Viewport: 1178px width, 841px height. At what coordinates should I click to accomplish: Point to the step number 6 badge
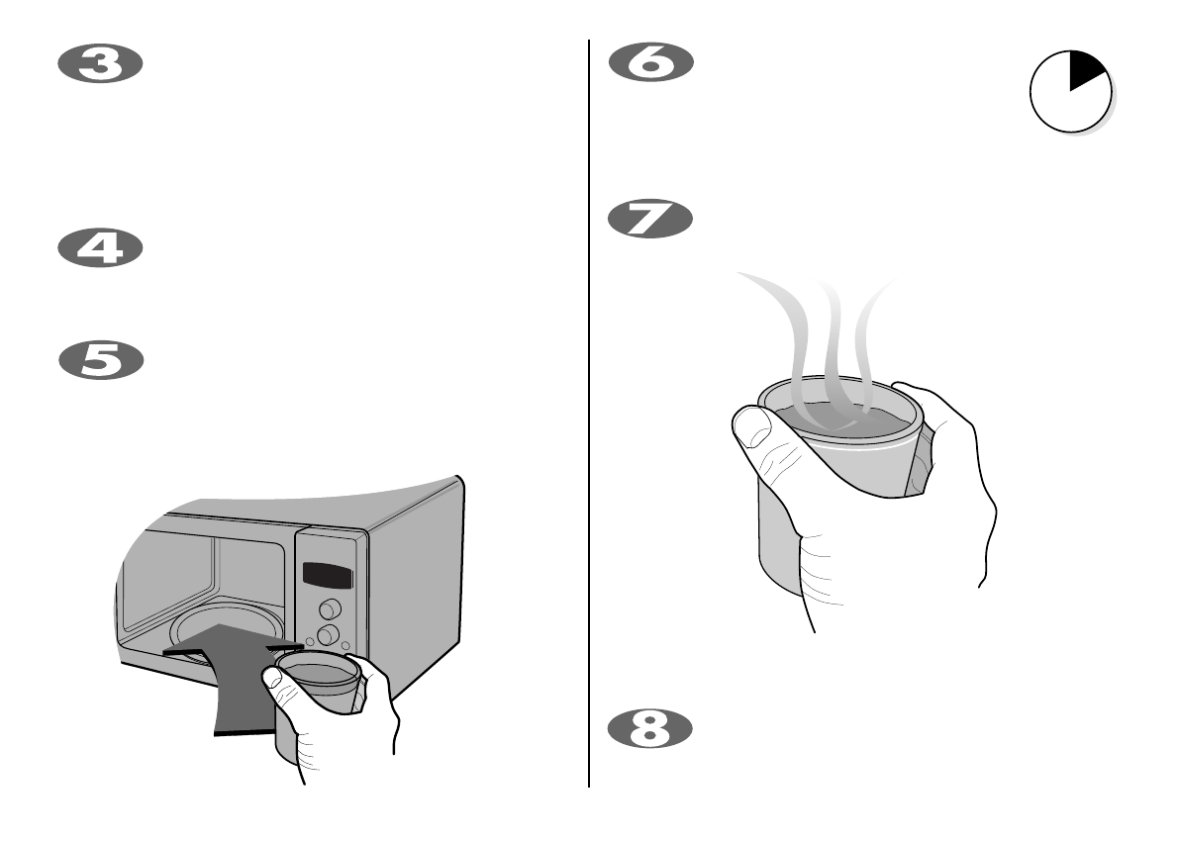point(650,65)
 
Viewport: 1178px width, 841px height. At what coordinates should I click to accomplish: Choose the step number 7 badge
point(650,218)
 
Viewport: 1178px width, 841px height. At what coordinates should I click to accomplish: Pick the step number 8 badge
point(650,728)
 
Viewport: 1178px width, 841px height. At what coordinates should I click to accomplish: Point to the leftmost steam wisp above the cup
point(782,317)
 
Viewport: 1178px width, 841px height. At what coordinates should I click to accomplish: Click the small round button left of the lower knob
point(310,642)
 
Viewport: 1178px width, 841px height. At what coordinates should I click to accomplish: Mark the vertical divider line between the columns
point(590,416)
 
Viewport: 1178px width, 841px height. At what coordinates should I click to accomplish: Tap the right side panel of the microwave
point(416,584)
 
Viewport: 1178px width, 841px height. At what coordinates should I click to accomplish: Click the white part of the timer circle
point(1059,109)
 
